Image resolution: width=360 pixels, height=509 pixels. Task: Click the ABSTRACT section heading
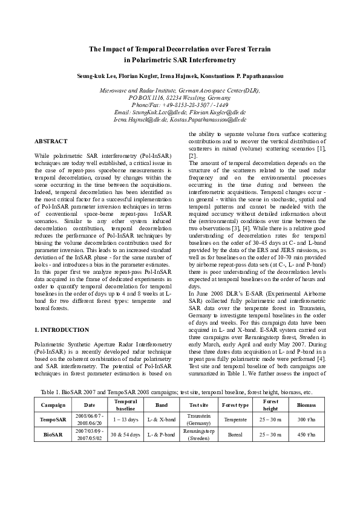[51, 141]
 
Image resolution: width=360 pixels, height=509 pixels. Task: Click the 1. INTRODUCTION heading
[62, 330]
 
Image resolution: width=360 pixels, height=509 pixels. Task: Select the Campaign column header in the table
[53, 404]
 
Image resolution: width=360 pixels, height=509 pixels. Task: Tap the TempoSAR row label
[53, 420]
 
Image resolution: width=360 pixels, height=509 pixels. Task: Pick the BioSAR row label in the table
[53, 435]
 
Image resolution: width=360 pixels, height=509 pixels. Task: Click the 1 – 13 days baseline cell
[126, 420]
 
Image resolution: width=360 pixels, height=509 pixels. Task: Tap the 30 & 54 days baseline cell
[126, 435]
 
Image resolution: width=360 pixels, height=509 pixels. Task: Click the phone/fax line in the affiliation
[179, 105]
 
